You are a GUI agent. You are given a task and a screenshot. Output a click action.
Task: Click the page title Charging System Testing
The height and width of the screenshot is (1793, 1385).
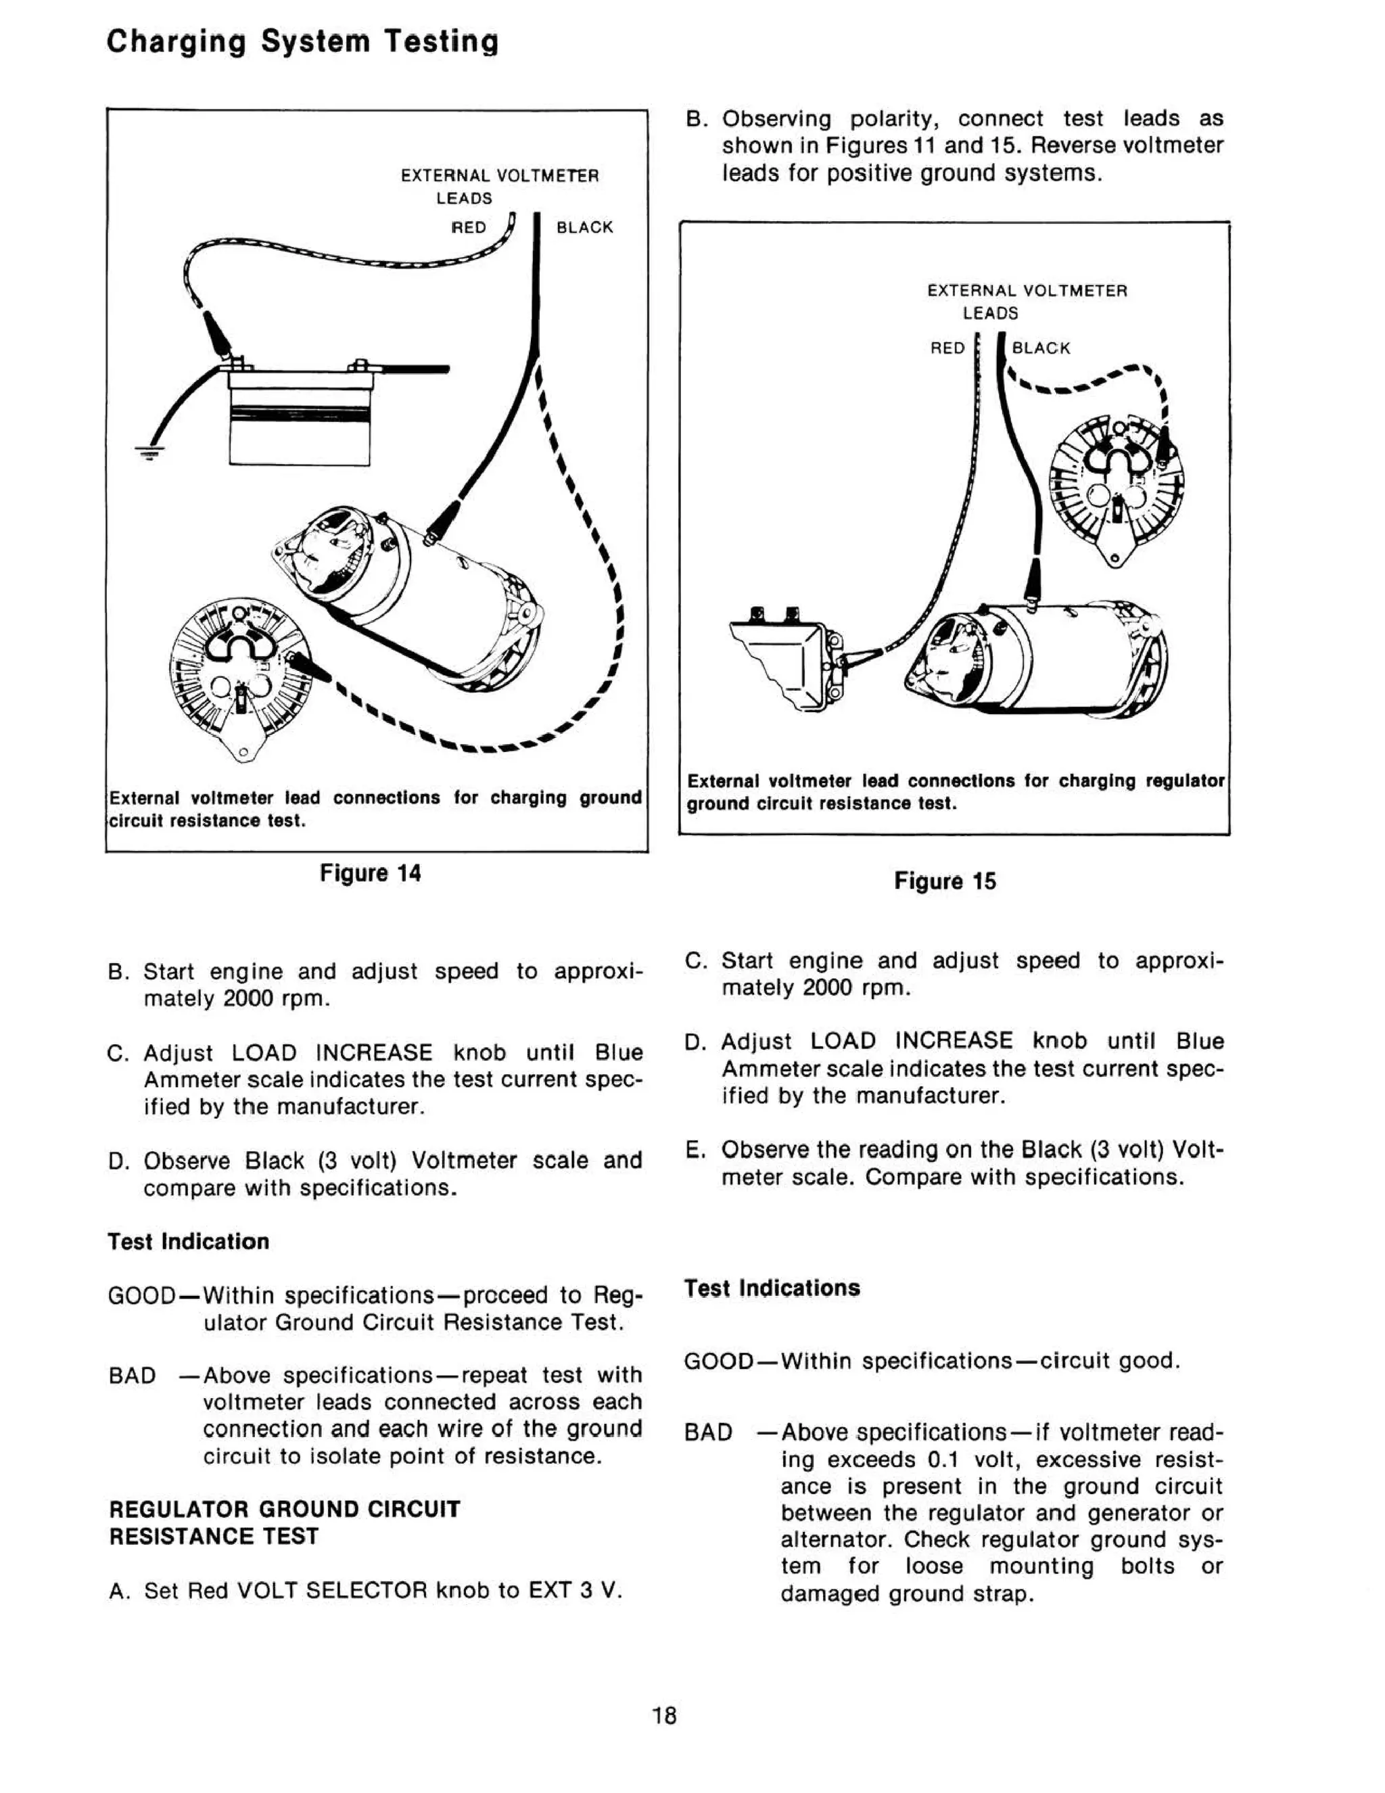[x=302, y=41]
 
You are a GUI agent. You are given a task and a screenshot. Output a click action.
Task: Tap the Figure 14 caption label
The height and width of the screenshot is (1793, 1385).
[x=371, y=872]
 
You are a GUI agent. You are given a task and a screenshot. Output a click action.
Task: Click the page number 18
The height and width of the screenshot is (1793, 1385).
[x=664, y=1716]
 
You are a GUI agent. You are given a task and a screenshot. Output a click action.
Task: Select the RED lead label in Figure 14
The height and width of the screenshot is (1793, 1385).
[x=469, y=227]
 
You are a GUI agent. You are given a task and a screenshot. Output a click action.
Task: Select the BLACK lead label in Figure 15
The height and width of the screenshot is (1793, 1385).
[x=1041, y=348]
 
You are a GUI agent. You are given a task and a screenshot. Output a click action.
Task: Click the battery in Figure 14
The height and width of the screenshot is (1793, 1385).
[x=300, y=419]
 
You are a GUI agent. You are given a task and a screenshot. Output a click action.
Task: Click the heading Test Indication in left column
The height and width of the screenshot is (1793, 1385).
[x=188, y=1241]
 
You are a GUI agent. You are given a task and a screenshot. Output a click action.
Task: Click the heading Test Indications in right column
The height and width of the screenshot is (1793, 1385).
[x=772, y=1288]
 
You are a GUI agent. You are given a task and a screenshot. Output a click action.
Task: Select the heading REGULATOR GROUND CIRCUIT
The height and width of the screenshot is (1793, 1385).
[x=284, y=1509]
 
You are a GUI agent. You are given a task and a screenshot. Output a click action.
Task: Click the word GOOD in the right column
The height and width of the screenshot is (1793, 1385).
[x=718, y=1361]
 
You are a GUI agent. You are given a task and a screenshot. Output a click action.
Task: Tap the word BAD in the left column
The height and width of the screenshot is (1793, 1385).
[x=132, y=1375]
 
